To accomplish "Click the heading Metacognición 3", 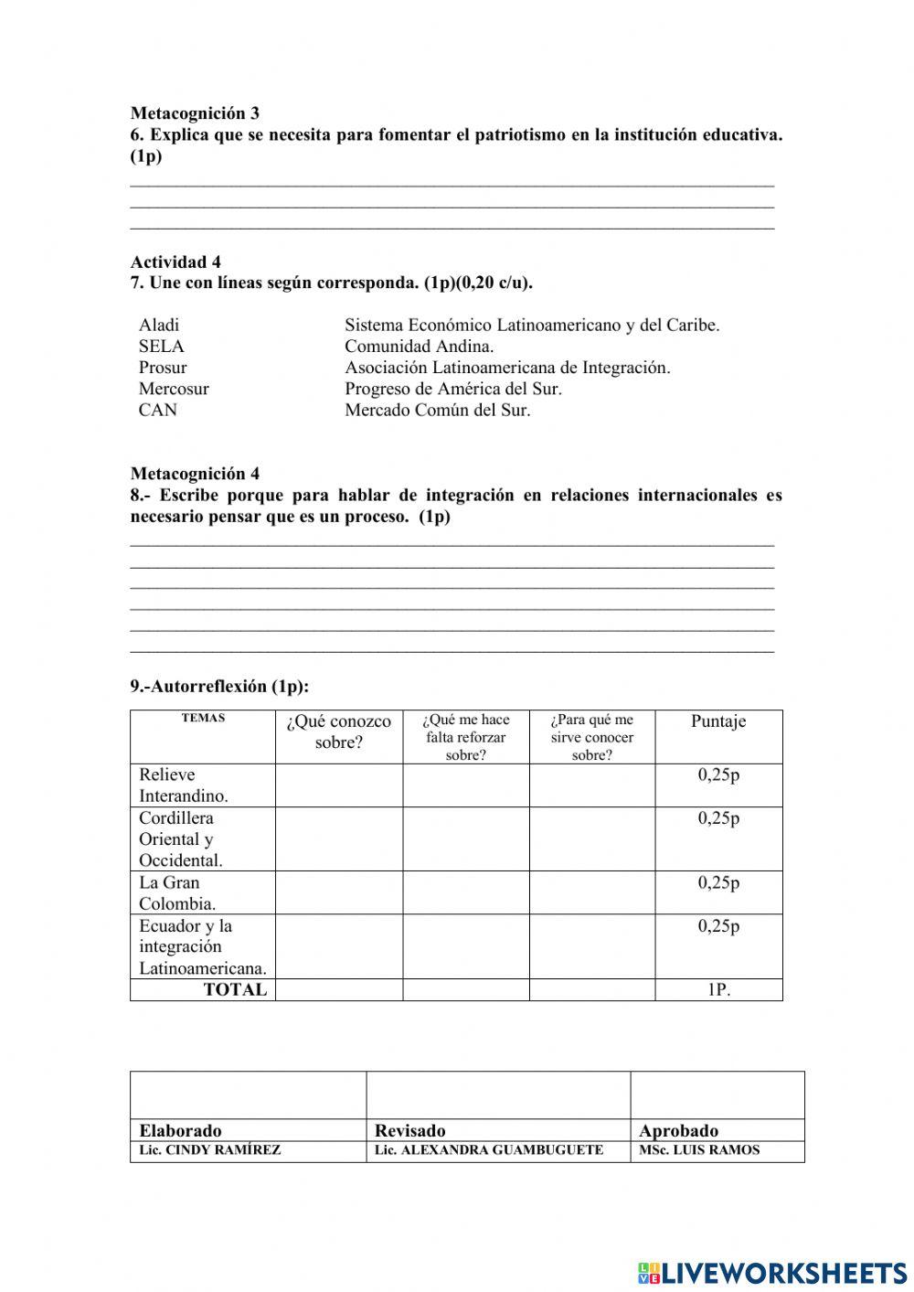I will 195,113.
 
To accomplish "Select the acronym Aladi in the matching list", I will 159,325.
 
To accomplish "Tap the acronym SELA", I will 161,346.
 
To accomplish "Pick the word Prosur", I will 163,368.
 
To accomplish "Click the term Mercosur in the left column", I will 174,389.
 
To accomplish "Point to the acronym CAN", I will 158,410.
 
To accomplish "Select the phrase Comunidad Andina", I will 419,346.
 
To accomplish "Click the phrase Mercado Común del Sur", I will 437,410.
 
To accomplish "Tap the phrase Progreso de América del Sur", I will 452,389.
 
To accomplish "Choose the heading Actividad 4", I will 175,262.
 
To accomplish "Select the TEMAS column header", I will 203,718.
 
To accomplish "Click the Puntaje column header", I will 718,721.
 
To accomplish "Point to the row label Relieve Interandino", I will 183,785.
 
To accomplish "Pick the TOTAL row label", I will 235,989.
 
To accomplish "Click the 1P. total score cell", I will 718,989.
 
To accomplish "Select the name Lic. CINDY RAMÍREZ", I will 210,1150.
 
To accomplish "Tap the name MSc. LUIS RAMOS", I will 699,1150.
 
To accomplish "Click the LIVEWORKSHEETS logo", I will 772,1272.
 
